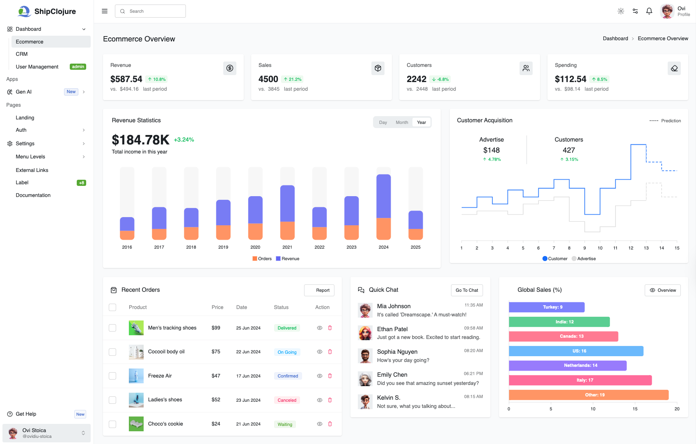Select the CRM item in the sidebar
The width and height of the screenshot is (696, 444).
coord(22,54)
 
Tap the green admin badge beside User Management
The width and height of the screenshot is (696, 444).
coord(78,67)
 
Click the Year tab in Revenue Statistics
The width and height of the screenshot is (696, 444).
coord(421,122)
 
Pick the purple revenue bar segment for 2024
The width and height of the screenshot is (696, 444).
coord(383,196)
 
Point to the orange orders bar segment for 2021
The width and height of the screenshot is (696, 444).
coord(287,230)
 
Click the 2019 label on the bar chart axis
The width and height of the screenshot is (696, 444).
coord(223,247)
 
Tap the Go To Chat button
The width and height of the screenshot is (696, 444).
coord(467,290)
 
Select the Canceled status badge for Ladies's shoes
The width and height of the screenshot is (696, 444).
coord(287,400)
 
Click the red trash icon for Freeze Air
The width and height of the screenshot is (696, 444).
coord(330,376)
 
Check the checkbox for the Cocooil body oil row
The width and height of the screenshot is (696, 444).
coord(112,352)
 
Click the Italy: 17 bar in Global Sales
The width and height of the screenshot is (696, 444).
coord(580,380)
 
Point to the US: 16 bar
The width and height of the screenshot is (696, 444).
coord(576,351)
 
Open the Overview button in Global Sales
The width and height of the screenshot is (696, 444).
coord(662,290)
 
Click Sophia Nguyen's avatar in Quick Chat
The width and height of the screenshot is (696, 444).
coord(365,356)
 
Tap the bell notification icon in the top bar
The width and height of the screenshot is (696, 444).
coord(649,11)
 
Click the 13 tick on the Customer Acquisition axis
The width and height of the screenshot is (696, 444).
coord(646,248)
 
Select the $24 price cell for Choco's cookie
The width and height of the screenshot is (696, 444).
coord(216,424)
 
